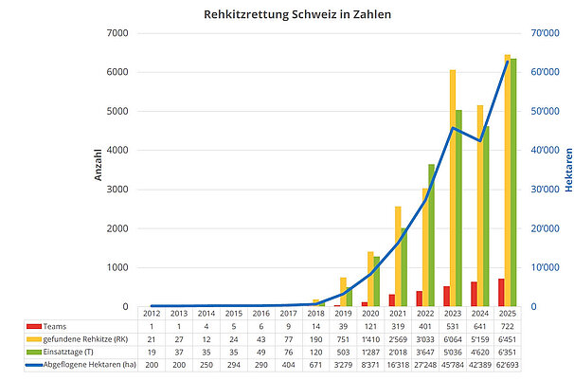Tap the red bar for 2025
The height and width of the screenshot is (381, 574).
pos(501,293)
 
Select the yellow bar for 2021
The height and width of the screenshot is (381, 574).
pos(398,256)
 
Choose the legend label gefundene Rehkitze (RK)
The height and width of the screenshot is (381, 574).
pos(86,338)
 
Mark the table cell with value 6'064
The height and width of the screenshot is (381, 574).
pos(454,338)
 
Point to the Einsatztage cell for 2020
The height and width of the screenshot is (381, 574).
pos(371,351)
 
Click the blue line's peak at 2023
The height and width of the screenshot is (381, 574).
pos(454,128)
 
